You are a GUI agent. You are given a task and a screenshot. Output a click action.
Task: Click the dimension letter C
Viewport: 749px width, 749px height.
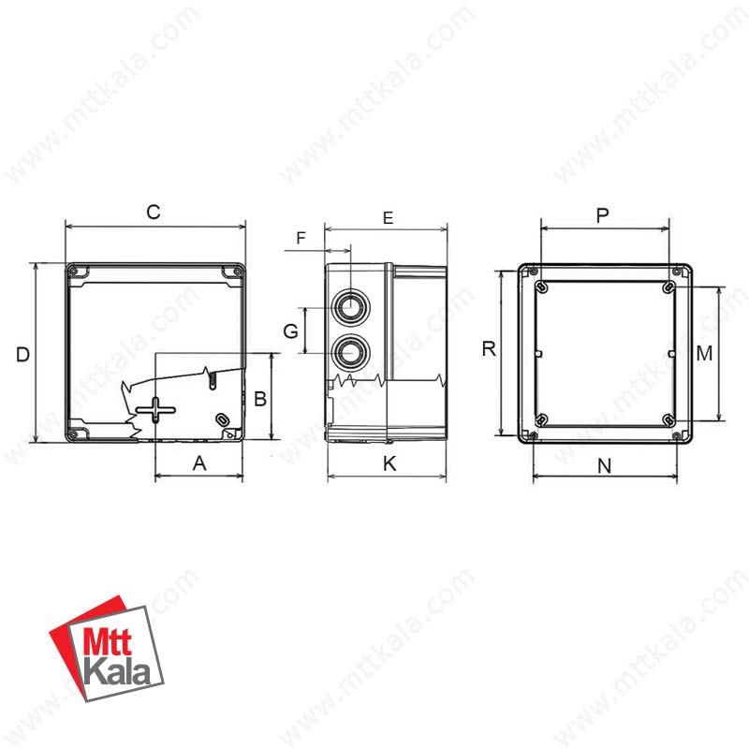(x=154, y=213)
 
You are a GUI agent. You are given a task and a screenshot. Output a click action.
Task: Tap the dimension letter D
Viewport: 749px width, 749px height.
(x=22, y=355)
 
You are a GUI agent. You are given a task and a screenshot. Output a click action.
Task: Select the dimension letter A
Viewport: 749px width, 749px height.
(x=199, y=463)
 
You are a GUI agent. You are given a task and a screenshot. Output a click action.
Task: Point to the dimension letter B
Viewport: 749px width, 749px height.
(x=260, y=399)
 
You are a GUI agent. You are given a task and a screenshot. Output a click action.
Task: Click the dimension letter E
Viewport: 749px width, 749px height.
(x=388, y=218)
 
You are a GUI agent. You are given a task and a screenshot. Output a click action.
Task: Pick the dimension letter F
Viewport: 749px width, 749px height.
(x=301, y=238)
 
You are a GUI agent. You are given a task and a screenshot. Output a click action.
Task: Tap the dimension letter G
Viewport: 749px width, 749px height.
(x=291, y=331)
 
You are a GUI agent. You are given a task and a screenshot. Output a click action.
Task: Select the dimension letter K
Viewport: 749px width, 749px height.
(x=389, y=463)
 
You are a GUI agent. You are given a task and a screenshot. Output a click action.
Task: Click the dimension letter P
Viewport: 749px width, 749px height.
(x=603, y=215)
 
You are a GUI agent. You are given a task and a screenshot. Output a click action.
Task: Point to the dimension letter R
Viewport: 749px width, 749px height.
(x=489, y=348)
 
